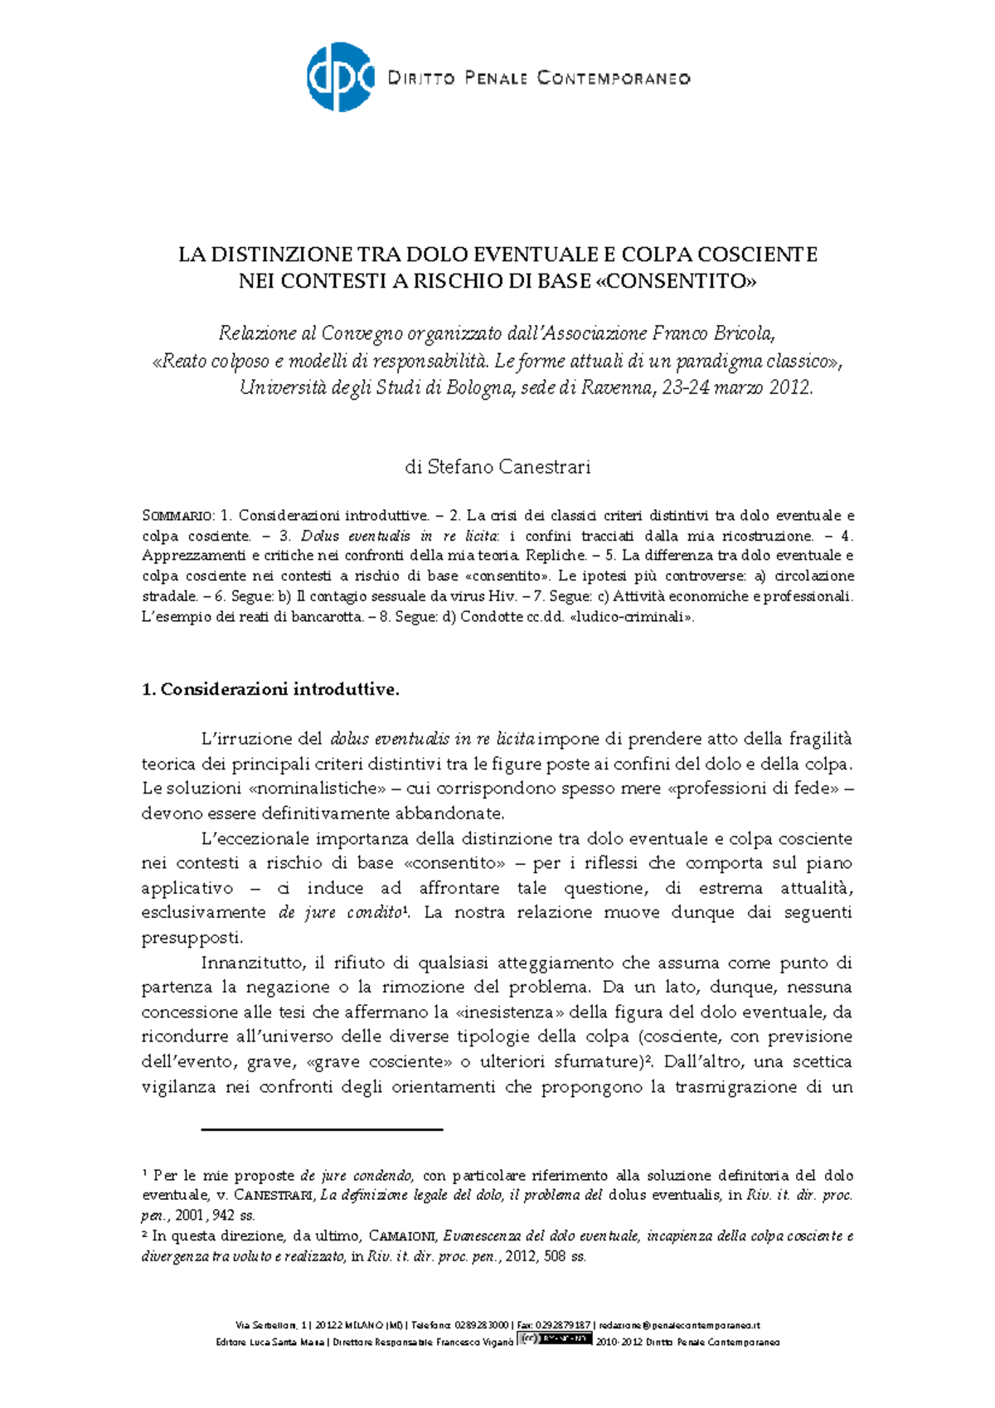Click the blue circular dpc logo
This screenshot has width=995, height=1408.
(x=340, y=77)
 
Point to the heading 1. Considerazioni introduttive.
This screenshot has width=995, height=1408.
(x=270, y=690)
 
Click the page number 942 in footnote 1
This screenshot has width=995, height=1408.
(x=224, y=1216)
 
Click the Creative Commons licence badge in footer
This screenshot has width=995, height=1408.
(x=555, y=1338)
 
